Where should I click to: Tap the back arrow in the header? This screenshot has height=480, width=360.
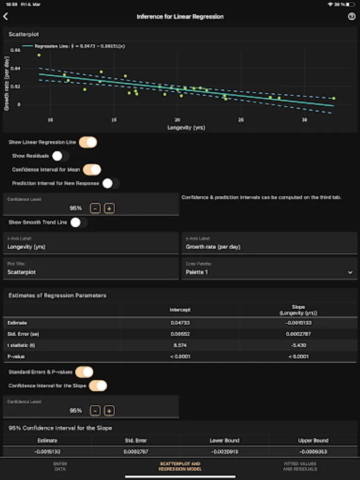coord(6,17)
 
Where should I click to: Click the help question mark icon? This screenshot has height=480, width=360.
coord(351,17)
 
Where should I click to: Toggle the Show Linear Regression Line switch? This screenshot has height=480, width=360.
coord(88,142)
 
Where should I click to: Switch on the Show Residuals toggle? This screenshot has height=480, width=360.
coord(60,156)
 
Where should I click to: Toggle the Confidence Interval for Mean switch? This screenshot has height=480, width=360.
coord(92,170)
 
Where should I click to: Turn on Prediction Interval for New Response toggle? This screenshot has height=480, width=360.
coord(111,183)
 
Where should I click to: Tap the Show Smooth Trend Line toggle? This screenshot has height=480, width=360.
coord(78,222)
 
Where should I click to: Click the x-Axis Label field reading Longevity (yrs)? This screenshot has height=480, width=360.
coord(91,247)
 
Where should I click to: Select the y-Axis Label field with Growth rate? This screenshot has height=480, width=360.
coord(269,247)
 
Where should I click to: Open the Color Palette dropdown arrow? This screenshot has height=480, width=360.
coord(350,272)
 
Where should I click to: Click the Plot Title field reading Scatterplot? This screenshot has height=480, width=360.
coord(91,272)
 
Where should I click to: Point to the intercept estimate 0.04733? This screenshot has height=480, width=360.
coord(180,323)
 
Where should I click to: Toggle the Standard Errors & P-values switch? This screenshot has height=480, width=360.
coord(84,372)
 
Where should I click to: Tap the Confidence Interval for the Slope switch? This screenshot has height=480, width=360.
coord(98,386)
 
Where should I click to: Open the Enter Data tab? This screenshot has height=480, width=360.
coord(60,466)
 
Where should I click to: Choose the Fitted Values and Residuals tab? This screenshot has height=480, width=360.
coord(300,466)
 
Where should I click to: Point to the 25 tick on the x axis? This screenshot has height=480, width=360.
coord(241,119)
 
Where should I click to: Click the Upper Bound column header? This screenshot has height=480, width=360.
coord(313,441)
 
